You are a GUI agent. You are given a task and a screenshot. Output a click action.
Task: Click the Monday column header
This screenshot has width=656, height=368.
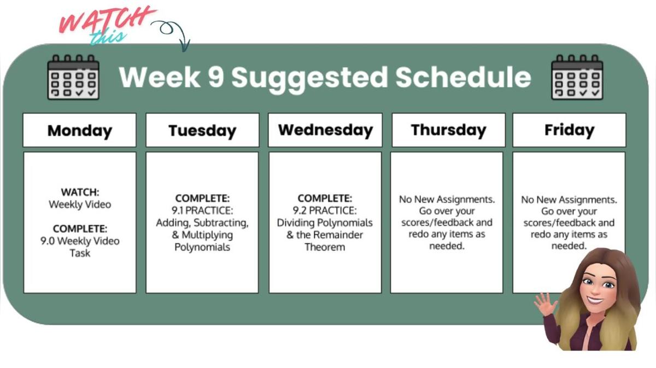click(x=79, y=130)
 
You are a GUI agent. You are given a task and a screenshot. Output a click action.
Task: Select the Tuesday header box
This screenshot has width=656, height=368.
click(x=202, y=130)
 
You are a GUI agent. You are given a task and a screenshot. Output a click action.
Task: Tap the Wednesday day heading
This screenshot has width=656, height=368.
click(x=325, y=130)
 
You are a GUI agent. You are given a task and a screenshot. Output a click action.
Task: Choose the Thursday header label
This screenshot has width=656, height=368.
click(x=448, y=130)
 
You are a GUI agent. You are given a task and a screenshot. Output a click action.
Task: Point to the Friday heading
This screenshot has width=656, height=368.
click(x=569, y=130)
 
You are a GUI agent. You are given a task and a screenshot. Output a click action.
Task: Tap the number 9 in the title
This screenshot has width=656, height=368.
click(x=215, y=78)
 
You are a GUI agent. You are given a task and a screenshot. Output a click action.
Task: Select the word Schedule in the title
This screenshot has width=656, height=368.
click(x=463, y=78)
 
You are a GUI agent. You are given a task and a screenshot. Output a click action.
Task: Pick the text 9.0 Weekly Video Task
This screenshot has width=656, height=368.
click(x=80, y=247)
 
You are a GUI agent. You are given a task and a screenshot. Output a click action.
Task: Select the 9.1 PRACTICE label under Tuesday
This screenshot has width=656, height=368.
click(x=202, y=210)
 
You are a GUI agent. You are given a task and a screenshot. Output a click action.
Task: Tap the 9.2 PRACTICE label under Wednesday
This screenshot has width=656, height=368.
click(x=325, y=210)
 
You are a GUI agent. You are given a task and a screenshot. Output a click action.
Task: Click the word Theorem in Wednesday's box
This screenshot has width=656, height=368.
click(x=325, y=247)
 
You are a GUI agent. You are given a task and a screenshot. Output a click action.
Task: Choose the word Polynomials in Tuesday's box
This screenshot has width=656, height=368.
click(x=202, y=247)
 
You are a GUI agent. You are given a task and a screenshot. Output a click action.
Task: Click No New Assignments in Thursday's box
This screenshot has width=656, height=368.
click(x=447, y=199)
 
